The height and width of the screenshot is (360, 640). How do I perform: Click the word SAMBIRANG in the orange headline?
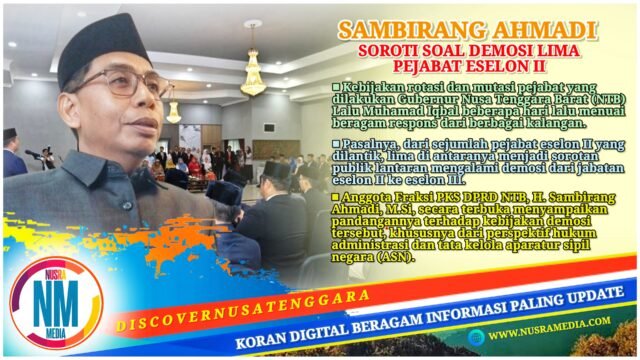409,31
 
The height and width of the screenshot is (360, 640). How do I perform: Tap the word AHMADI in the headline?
541,31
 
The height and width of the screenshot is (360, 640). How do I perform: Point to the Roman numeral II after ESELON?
540,66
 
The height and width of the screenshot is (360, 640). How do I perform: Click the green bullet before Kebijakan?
336,87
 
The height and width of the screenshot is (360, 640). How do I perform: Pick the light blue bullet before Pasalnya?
336,144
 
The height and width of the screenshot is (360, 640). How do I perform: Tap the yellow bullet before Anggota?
336,197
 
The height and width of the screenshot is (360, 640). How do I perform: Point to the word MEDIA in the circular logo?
56,333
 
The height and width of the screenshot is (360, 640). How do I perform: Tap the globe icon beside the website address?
476,337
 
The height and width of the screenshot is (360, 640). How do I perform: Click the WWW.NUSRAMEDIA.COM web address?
549,328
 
